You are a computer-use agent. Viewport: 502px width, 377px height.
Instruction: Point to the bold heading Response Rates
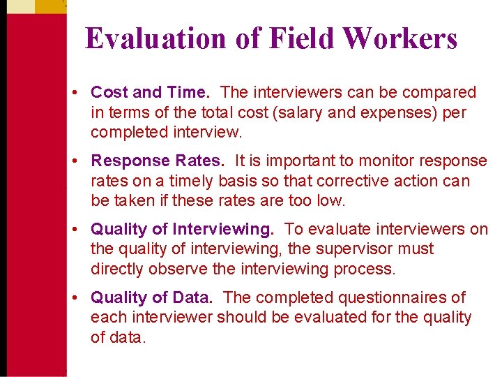click(158, 161)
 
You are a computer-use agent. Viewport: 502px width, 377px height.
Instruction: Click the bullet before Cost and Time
click(81, 93)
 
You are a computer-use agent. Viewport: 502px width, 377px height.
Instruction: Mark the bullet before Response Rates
click(81, 161)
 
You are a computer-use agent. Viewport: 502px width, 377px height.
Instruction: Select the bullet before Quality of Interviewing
click(81, 230)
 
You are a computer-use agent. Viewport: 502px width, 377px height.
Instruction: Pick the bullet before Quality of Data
click(81, 298)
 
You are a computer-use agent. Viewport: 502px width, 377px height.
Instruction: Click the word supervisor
click(356, 249)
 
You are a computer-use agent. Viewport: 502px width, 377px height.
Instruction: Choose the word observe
click(176, 269)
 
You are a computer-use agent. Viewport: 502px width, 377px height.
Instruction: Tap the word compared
click(436, 92)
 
